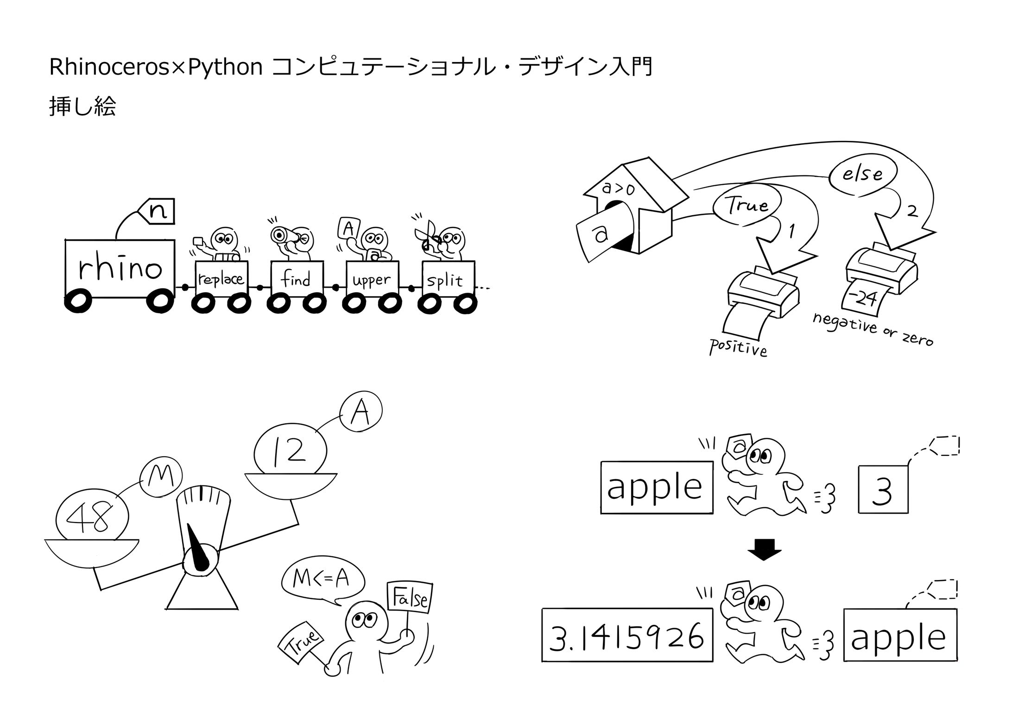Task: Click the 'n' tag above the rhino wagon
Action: point(158,212)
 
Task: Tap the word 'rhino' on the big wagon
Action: point(120,268)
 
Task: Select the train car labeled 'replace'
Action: point(221,279)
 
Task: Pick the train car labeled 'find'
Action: point(296,279)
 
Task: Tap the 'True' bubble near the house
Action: point(746,205)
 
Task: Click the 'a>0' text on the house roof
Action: point(618,189)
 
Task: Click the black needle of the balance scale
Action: point(199,547)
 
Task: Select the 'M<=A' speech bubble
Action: point(323,578)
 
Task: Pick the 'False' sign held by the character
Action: point(411,598)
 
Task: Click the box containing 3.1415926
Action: point(626,635)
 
